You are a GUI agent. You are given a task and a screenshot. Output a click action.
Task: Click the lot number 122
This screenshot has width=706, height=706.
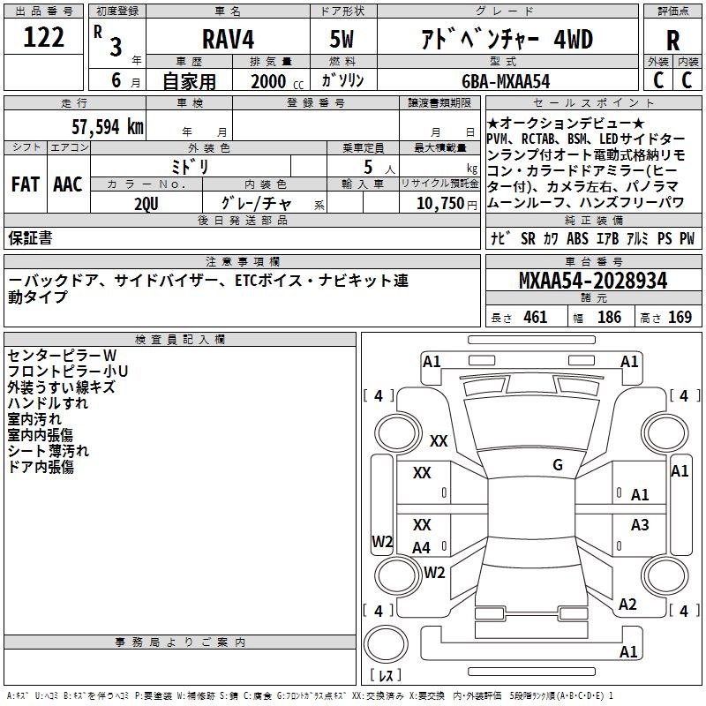(43, 36)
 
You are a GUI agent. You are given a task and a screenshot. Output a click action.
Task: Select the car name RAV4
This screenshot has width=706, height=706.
(228, 39)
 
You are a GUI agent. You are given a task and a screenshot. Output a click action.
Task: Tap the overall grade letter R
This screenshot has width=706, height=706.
(672, 41)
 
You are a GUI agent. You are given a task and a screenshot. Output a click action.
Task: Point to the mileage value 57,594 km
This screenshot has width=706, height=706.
(108, 126)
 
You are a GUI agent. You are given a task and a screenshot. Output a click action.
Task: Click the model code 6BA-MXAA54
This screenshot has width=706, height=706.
(506, 81)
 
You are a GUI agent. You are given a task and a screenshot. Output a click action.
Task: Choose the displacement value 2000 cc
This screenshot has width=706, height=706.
(277, 81)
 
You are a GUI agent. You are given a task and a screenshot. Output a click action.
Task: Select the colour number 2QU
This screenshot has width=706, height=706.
(146, 204)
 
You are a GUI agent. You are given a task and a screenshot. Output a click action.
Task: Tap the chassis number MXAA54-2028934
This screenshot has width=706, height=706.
(593, 281)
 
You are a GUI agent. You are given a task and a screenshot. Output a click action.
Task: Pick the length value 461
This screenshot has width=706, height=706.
(536, 317)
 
